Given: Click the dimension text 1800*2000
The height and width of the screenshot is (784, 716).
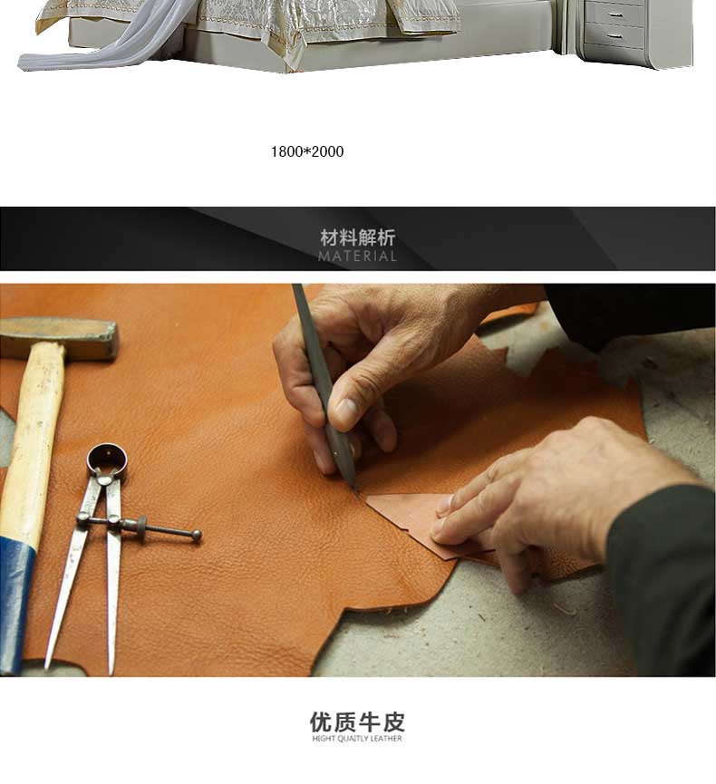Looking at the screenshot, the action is point(307,151).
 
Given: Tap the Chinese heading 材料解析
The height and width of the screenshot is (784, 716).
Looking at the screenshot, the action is point(357,237).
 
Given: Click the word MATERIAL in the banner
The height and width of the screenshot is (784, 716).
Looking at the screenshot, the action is point(357,256).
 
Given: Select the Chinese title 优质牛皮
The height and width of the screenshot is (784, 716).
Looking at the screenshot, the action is point(357,722).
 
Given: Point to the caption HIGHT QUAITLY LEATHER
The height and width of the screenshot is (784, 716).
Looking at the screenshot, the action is point(357,739).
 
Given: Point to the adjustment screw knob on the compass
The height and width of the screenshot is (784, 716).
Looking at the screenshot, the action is point(197,536).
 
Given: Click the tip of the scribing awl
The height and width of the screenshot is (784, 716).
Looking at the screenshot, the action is point(355,491).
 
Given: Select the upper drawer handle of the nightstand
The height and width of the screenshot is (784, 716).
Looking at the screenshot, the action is point(615,15).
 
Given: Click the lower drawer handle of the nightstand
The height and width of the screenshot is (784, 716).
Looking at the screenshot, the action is point(615,36).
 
